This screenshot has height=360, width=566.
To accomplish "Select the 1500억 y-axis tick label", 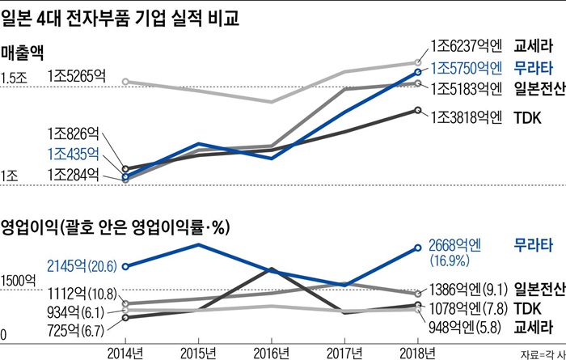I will tap(19, 282).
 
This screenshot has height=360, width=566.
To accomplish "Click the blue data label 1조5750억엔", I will tap(468, 68).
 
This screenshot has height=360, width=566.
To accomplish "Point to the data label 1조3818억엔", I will tap(468, 116).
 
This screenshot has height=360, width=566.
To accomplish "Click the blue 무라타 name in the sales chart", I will tap(533, 68).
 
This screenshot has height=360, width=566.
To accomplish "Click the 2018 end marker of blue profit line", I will tap(418, 248).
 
